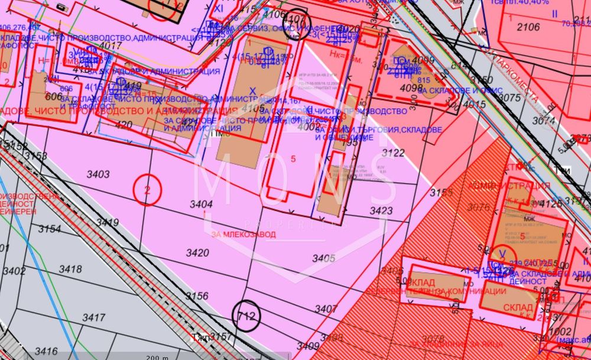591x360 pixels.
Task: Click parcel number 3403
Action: [98, 174]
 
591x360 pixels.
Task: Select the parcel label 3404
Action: [201, 204]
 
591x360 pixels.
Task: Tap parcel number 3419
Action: [108, 223]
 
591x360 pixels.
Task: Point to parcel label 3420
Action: [197, 253]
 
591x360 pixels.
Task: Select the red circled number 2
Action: [147, 190]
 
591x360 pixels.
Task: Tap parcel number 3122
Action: [393, 153]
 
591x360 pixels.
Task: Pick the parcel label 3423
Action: [381, 210]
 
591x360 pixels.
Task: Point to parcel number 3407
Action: [326, 309]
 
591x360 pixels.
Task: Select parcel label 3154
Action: [50, 229]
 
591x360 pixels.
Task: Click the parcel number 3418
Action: [70, 269]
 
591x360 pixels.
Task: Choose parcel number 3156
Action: [197, 296]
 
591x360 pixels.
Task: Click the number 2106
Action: [528, 27]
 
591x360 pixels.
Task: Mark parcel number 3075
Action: [509, 98]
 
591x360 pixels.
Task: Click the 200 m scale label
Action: [157, 357]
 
